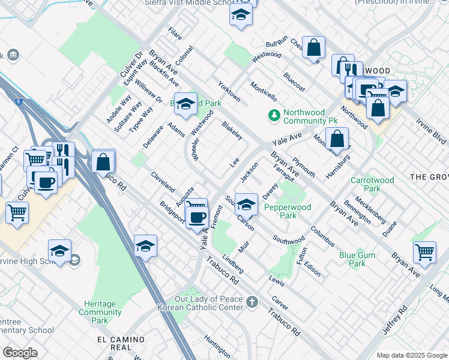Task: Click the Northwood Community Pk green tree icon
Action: (274, 115)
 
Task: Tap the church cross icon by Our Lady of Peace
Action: (252, 301)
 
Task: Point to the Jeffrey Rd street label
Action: (395, 321)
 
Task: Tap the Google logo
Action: (20, 353)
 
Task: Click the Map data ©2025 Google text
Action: (411, 355)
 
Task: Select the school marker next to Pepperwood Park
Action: (247, 204)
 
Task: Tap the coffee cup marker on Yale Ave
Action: (197, 217)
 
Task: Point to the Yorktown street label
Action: (229, 92)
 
